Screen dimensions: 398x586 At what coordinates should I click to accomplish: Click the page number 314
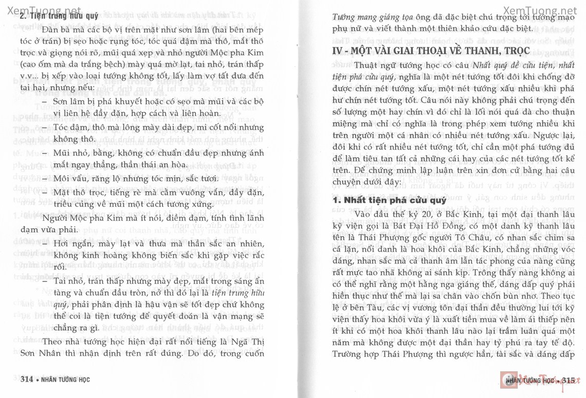[x=26, y=380]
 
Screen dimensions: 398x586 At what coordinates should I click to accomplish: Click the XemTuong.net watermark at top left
[x=42, y=10]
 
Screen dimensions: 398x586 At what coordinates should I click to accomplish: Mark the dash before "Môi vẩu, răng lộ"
[x=46, y=178]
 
